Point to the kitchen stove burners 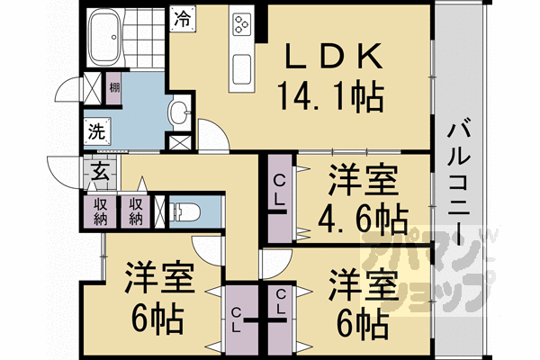click(x=242, y=24)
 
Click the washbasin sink click(x=179, y=113)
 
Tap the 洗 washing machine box click(x=96, y=130)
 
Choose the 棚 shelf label click(x=114, y=88)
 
